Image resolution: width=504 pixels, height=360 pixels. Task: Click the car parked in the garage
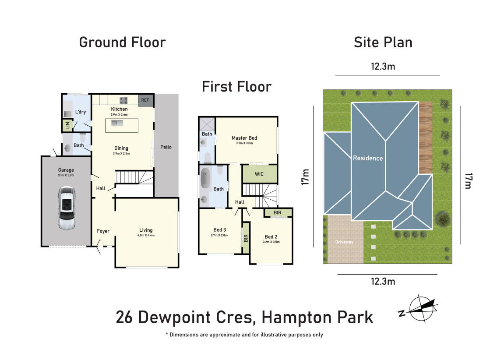point(67,208)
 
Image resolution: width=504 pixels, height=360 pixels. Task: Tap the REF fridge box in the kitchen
point(145,100)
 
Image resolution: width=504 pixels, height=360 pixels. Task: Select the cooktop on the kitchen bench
point(123,100)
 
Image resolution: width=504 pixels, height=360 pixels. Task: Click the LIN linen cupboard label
point(67,126)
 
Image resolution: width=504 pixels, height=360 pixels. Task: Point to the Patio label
point(166,147)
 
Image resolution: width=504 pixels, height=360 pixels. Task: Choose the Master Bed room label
point(244,138)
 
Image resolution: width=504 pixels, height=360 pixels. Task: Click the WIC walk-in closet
point(259,174)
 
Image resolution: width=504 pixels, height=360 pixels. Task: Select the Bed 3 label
point(219,230)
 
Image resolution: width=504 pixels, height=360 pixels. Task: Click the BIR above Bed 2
point(277,213)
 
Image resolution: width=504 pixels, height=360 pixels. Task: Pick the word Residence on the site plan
point(368,158)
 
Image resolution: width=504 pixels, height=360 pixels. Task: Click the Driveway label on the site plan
point(344,242)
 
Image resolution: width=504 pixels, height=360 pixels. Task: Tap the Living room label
point(146,230)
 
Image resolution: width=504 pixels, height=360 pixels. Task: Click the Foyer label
point(103,231)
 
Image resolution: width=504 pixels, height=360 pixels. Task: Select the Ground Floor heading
point(123,42)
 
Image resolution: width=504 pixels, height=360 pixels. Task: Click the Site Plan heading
point(383,42)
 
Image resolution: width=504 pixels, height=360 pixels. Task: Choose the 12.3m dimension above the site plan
point(383,67)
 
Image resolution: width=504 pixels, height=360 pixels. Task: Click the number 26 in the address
point(124,317)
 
